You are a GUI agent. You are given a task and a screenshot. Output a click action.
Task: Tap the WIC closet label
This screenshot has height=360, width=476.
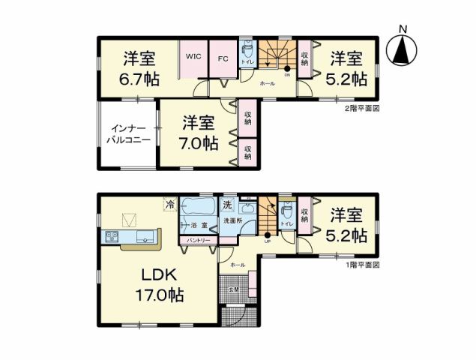[x=193, y=55]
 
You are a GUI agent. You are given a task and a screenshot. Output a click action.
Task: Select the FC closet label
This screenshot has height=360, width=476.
[x=223, y=56]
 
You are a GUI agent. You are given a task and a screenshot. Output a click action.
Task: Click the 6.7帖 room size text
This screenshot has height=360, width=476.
[x=138, y=79]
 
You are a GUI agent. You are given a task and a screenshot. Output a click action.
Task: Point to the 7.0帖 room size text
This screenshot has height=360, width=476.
[x=199, y=142]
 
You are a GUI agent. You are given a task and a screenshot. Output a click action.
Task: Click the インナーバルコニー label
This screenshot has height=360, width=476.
[x=128, y=134]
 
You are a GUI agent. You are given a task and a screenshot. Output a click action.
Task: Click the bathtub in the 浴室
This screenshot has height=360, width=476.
[x=198, y=208]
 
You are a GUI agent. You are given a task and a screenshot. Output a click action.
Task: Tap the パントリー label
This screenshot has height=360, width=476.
[x=198, y=239]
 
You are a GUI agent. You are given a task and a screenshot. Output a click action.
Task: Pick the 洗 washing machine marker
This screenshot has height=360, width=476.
[x=226, y=205]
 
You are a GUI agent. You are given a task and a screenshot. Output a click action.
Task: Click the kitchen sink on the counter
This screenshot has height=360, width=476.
[x=112, y=238]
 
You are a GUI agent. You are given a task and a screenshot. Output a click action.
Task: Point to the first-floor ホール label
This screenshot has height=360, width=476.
[x=238, y=265]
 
